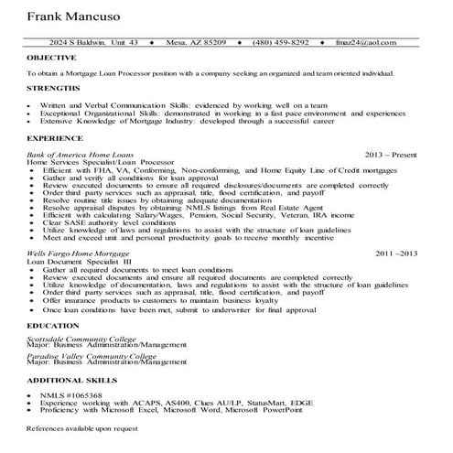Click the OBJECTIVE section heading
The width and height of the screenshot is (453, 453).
(x=52, y=57)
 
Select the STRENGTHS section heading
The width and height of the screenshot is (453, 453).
(x=52, y=87)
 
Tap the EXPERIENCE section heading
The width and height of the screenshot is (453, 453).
(x=55, y=137)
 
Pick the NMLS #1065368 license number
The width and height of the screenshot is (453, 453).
(x=72, y=394)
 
